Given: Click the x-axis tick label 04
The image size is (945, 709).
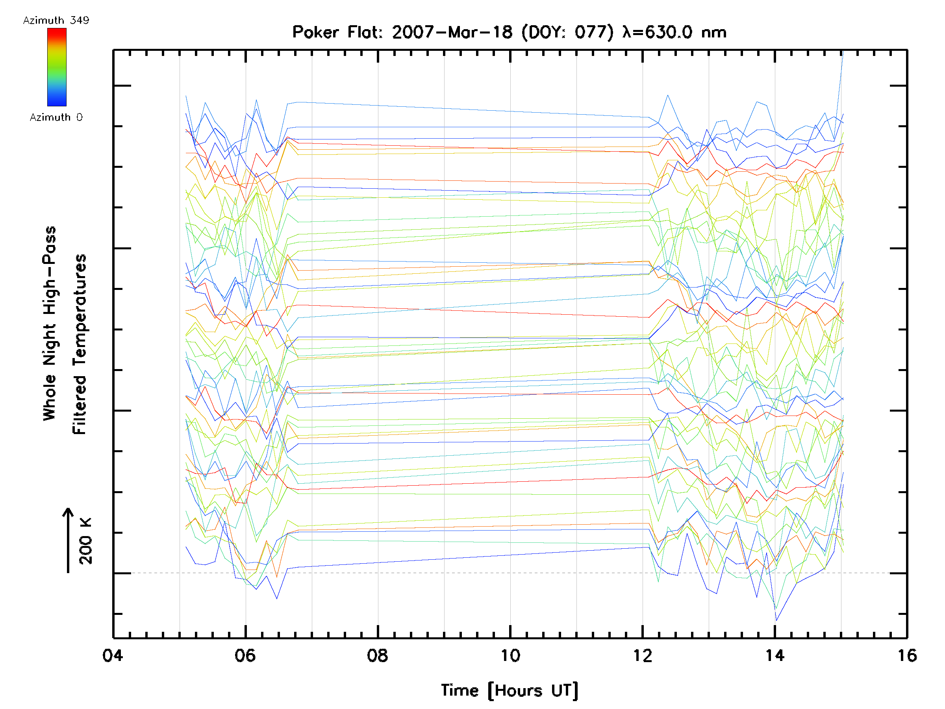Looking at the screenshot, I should point(112,655).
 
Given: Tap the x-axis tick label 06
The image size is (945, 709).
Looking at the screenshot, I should point(245,655).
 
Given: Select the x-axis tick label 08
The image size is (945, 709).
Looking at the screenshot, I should point(377,655).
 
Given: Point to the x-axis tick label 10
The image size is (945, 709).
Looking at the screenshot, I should point(510,655).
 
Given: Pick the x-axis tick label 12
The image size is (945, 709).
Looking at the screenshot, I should point(643,655).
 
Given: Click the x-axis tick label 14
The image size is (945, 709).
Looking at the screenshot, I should point(775,655).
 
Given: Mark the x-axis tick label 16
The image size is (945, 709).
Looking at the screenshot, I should point(907,655).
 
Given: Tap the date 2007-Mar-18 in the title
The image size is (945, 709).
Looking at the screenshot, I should point(452,32).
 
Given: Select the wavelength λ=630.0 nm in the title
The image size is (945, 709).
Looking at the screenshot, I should point(674,32).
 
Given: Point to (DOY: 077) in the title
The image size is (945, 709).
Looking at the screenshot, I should point(567,32).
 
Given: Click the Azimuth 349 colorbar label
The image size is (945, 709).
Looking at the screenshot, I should point(56,20).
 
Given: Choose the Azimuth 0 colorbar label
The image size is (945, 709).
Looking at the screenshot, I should point(56,117).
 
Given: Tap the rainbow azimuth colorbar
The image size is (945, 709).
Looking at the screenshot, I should point(57,67).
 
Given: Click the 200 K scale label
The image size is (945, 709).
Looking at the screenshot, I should point(85,542).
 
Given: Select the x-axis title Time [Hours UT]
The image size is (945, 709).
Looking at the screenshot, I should point(510,690).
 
